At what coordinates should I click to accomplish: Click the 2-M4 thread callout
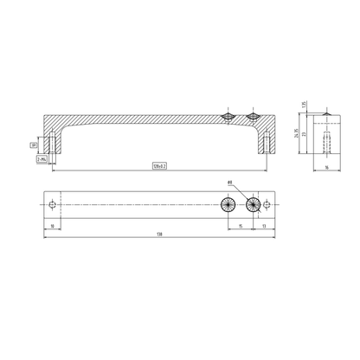41,159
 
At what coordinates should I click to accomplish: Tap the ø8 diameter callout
230,182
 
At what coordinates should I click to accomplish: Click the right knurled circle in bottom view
253,204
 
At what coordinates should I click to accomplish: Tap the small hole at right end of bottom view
265,204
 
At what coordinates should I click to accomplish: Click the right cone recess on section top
253,116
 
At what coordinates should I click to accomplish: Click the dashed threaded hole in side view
328,138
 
